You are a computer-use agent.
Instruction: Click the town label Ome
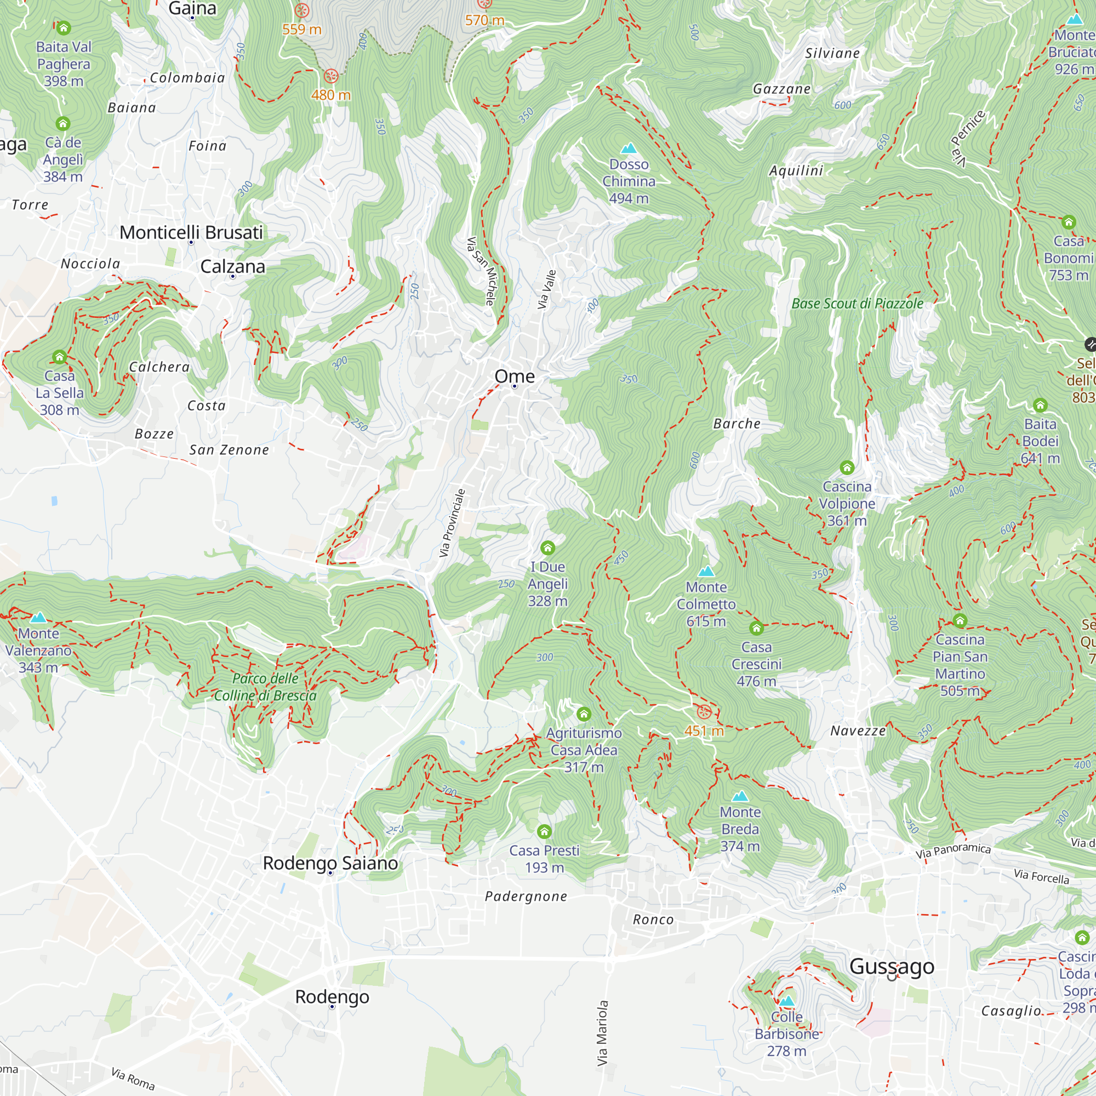(x=514, y=376)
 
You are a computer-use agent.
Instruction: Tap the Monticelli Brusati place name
(x=191, y=232)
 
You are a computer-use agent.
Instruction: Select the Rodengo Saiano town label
(x=330, y=863)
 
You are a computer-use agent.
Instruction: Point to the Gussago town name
(x=891, y=966)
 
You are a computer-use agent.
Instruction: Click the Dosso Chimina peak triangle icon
(x=628, y=149)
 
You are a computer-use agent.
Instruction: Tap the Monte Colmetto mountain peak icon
(x=706, y=570)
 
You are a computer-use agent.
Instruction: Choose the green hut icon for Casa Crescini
(x=756, y=628)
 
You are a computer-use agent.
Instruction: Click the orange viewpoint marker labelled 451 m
(x=704, y=712)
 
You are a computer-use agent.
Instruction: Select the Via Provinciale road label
(x=452, y=522)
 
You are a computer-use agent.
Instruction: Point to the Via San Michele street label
(x=481, y=271)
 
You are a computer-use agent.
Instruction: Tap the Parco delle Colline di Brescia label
(x=265, y=687)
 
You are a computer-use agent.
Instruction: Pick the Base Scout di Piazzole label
(x=857, y=304)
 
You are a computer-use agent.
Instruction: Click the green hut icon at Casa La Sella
(x=60, y=357)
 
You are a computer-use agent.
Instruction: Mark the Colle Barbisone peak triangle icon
(x=786, y=1001)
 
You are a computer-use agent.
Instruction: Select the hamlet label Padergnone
(x=526, y=897)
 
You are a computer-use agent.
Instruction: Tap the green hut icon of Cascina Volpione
(x=847, y=467)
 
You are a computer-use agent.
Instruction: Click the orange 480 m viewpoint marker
(x=331, y=76)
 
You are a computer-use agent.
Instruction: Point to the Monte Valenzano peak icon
(x=38, y=617)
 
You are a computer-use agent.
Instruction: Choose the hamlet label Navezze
(x=858, y=730)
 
